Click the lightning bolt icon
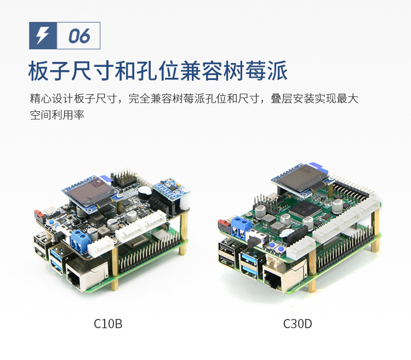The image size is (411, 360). (x=42, y=36)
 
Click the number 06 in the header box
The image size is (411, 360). (x=79, y=36)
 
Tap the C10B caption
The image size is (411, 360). (x=108, y=324)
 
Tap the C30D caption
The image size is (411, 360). (x=298, y=324)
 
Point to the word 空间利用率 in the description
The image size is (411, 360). (x=57, y=116)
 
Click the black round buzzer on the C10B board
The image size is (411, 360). (x=144, y=192)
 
